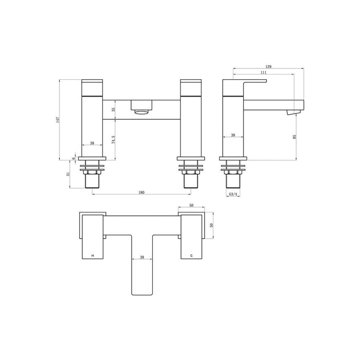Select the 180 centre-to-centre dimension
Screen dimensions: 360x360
tap(141, 192)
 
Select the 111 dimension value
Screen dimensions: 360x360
tap(263, 74)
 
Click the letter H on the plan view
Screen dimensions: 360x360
tap(92, 255)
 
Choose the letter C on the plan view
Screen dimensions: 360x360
tap(191, 255)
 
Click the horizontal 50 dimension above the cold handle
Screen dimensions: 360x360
tap(191, 206)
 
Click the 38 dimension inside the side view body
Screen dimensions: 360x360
tap(233, 136)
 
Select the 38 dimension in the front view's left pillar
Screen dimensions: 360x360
tap(92, 144)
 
